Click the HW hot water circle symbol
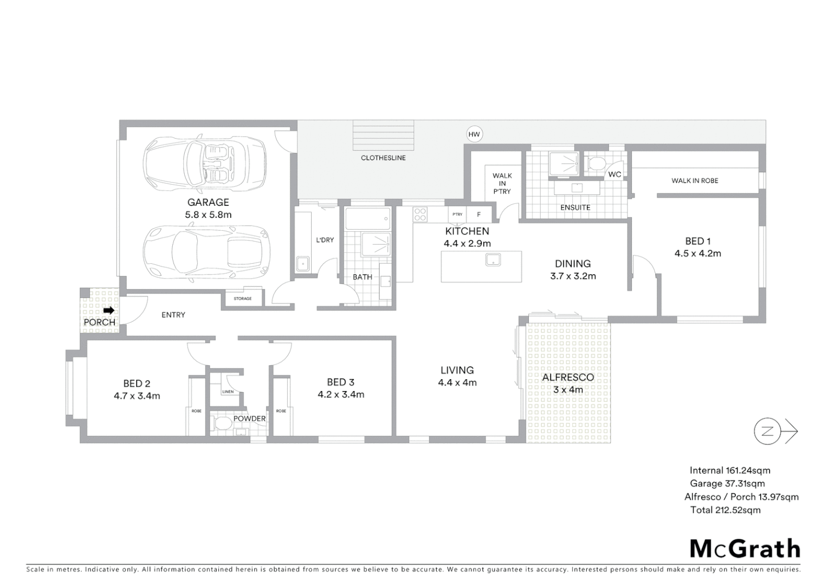pyautogui.click(x=474, y=134)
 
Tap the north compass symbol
pyautogui.click(x=767, y=432)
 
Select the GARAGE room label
pyautogui.click(x=208, y=202)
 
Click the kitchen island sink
pyautogui.click(x=493, y=259)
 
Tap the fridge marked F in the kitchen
pyautogui.click(x=479, y=214)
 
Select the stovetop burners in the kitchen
pyautogui.click(x=421, y=214)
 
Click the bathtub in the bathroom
pyautogui.click(x=368, y=219)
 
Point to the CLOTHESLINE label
pyautogui.click(x=383, y=158)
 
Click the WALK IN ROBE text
pyautogui.click(x=695, y=181)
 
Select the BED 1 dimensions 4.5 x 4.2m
pyautogui.click(x=698, y=253)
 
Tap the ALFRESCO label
pyautogui.click(x=568, y=377)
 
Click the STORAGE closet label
pyautogui.click(x=243, y=298)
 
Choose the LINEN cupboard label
pyautogui.click(x=228, y=392)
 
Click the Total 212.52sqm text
pyautogui.click(x=725, y=510)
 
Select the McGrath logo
pyautogui.click(x=745, y=549)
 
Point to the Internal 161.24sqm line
pyautogui.click(x=729, y=471)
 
